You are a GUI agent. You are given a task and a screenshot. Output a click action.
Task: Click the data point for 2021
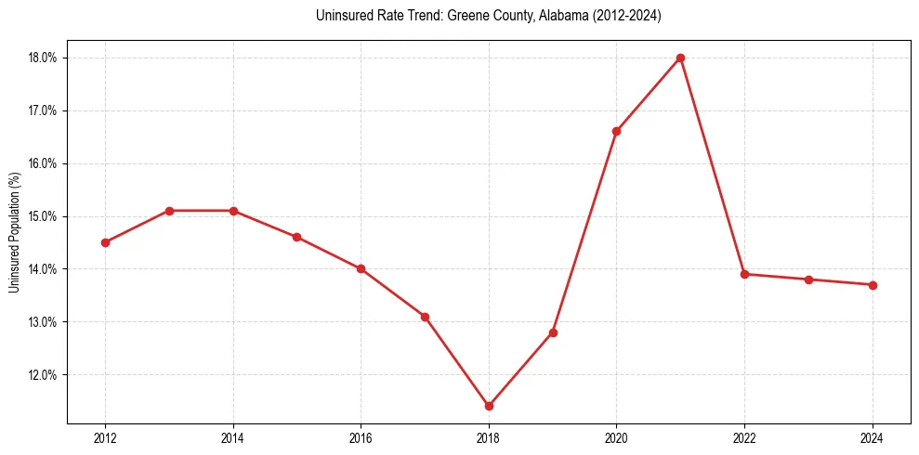[x=680, y=58]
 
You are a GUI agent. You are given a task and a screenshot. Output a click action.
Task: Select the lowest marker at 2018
[x=489, y=406]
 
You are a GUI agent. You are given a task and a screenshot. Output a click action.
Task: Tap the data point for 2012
[x=105, y=242]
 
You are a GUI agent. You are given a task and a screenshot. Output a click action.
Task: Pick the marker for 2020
[x=616, y=131]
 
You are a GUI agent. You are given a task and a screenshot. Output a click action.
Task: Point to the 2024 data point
[x=873, y=285]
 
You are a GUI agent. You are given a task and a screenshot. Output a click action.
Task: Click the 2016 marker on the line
[x=361, y=269]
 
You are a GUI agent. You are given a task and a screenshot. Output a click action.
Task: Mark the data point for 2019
[x=553, y=332]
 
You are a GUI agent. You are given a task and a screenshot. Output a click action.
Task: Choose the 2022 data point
[x=744, y=274]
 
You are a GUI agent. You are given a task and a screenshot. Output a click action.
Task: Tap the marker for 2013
[x=169, y=211]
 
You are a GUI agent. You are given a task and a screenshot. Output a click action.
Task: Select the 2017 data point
[x=425, y=317]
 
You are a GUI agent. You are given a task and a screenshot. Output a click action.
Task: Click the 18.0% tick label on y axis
[x=44, y=58]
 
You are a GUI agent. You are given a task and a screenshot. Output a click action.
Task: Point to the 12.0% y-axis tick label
[x=44, y=375]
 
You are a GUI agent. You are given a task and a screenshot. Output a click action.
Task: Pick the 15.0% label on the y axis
[x=44, y=216]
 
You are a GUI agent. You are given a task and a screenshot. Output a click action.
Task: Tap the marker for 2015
[x=296, y=237]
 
